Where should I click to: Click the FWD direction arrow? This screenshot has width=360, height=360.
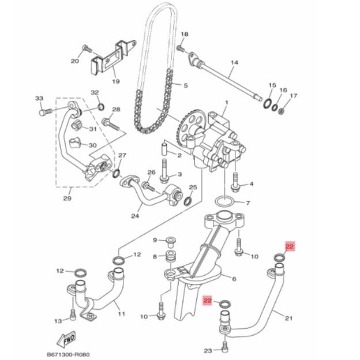point(66,340)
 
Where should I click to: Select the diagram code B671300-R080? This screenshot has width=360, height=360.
point(68,355)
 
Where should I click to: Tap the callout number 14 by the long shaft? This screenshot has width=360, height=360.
point(234,62)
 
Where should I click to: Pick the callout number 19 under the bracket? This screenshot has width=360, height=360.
point(116,81)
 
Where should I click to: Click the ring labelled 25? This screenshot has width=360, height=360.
point(187,201)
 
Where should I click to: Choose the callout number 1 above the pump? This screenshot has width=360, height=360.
point(227,102)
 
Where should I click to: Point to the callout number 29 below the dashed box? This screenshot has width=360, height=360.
point(67,198)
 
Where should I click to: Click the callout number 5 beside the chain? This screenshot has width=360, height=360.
point(186,85)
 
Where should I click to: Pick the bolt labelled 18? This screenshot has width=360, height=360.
point(181,48)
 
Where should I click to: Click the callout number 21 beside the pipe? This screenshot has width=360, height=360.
point(288,318)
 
